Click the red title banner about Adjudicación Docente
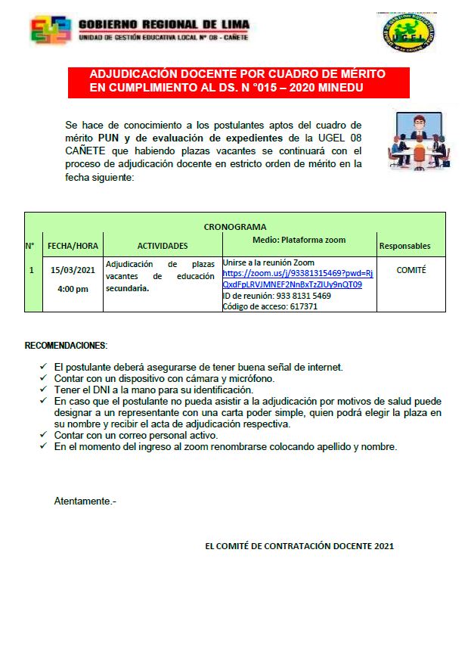pos(238,82)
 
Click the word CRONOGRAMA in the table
pos(235,227)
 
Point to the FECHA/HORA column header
pos(73,246)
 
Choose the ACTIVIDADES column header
pos(163,246)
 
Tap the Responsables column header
pos(404,246)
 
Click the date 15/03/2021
pos(73,269)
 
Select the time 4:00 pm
pos(73,289)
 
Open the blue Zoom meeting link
pos(297,278)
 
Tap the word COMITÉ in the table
pos(411,269)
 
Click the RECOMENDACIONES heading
pos(66,346)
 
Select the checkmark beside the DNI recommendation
pos(43,390)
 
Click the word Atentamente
pos(85,501)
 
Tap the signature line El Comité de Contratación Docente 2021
pos(299,545)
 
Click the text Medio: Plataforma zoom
pos(299,240)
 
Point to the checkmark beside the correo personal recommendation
pos(43,436)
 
